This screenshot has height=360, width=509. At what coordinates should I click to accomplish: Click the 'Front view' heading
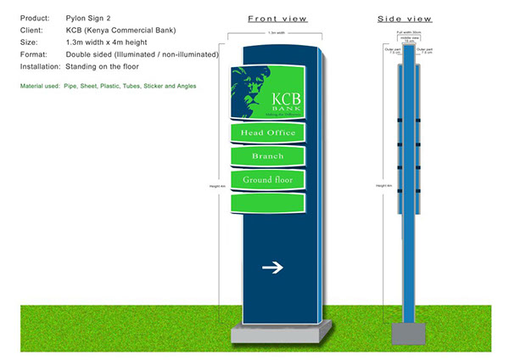tap(277, 18)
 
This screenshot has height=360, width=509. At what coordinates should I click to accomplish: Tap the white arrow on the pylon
tap(272, 268)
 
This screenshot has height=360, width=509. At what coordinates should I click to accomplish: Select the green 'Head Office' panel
tap(268, 133)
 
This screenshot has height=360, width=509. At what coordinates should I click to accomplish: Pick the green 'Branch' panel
tap(268, 156)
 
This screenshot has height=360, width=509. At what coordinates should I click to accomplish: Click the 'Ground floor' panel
tap(268, 180)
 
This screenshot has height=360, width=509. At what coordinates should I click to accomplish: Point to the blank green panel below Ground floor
tap(268, 204)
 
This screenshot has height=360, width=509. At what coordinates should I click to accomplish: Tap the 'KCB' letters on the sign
tap(285, 98)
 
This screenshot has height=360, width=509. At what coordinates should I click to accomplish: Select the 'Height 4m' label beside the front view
tap(216, 184)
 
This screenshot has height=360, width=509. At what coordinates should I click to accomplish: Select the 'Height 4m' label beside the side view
tap(384, 184)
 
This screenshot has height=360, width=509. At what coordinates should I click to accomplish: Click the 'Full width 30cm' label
tap(411, 33)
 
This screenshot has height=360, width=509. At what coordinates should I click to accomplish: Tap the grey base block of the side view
tap(409, 335)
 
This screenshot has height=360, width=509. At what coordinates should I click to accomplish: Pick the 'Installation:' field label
tap(40, 65)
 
